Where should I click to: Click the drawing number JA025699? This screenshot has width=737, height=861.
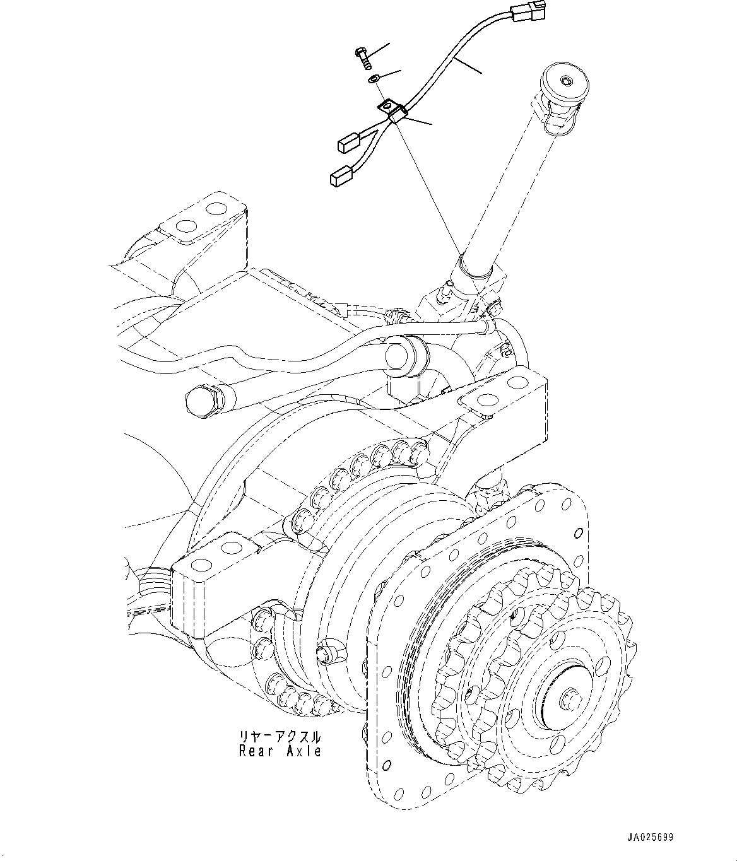[649, 838]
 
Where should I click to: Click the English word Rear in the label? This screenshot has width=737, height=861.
[255, 751]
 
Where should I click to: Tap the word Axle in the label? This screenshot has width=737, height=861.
[304, 751]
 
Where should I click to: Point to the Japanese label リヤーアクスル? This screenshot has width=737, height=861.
[280, 737]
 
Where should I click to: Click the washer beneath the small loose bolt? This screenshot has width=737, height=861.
[374, 79]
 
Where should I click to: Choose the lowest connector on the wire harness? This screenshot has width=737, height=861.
[340, 177]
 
